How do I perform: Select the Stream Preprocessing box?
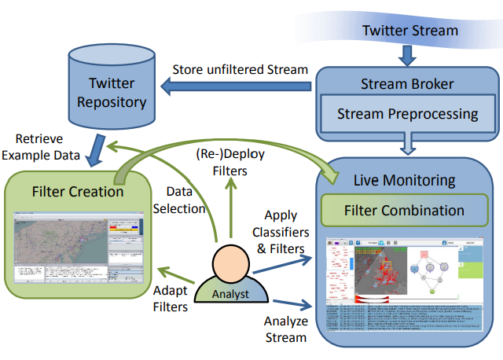[x=407, y=114]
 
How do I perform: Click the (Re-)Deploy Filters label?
[x=230, y=161]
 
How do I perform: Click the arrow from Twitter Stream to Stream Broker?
[x=408, y=53]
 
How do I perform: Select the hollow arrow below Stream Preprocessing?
[x=408, y=144]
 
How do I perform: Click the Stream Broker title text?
[x=407, y=83]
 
